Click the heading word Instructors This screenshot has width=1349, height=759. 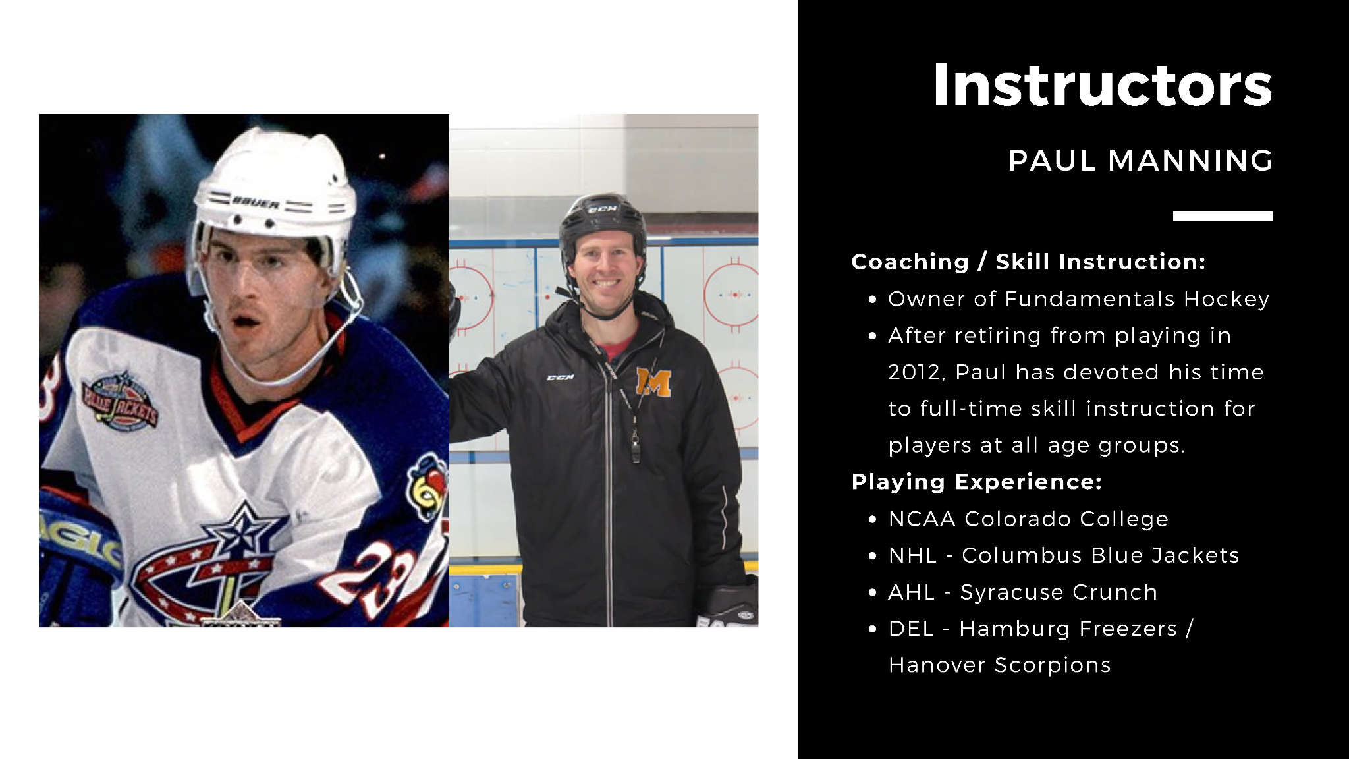coord(1103,86)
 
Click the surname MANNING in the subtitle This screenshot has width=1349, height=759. coord(1190,161)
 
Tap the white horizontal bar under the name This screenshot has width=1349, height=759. coord(1223,216)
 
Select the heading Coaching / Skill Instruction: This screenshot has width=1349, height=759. coord(1028,262)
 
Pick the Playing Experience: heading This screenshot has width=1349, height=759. coord(977,482)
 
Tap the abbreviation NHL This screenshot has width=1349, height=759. coord(912,555)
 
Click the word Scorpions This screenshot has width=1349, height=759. coord(1053,665)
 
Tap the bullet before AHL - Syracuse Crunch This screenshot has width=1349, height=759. coord(873,593)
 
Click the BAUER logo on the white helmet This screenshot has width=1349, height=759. coord(256,204)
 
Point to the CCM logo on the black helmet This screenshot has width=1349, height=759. coord(602,210)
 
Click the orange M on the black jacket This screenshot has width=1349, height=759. coord(653,383)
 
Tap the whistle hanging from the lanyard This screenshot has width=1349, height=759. coord(635,450)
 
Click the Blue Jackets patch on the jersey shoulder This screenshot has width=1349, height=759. coord(120,400)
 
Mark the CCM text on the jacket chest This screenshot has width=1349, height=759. coord(561,378)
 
